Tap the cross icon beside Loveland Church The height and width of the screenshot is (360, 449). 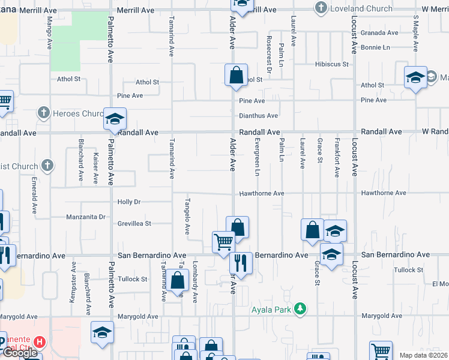321,8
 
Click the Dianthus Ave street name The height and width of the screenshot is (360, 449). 258,116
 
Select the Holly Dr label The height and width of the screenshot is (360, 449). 128,202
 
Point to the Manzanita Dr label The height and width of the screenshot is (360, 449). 86,217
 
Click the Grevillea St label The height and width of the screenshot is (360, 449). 134,223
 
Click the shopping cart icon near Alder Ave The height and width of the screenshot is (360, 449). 223,241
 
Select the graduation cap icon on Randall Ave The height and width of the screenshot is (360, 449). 114,118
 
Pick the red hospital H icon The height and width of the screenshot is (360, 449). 39,343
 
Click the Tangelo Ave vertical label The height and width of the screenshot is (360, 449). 187,216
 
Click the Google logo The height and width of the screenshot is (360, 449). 20,353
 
